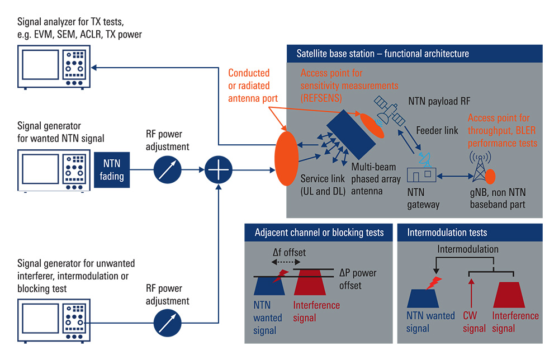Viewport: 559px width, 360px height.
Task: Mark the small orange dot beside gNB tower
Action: [x=490, y=177]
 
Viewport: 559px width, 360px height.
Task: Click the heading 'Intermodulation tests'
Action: [x=447, y=233]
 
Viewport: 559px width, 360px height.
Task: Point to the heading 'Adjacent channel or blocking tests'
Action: [x=319, y=233]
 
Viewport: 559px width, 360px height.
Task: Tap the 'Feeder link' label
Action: [x=437, y=130]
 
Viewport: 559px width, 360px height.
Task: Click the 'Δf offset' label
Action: [x=289, y=252]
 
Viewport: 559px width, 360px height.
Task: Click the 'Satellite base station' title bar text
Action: [x=382, y=54]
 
